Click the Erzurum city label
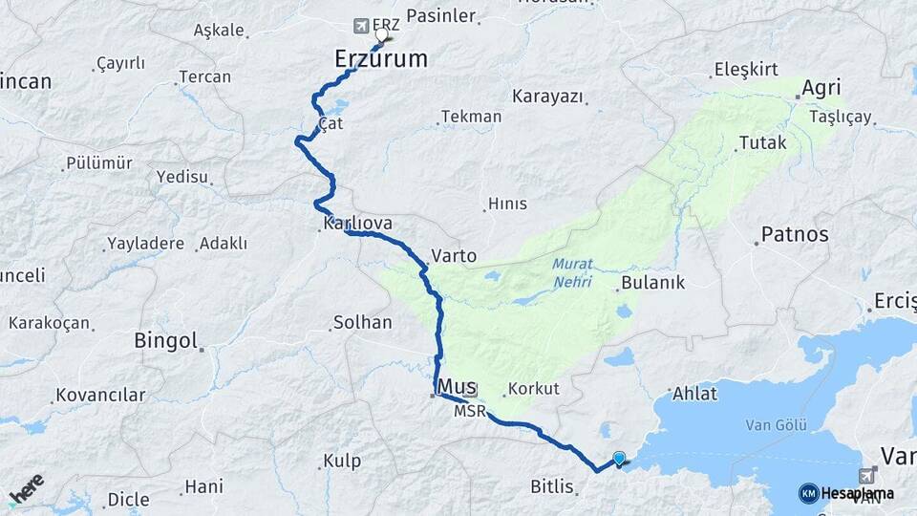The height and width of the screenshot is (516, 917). point(380,59)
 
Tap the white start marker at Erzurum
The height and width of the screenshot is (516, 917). point(382,36)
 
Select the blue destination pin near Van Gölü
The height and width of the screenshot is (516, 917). point(619,459)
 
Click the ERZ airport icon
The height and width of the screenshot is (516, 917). point(361,25)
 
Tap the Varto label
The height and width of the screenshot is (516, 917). point(454,256)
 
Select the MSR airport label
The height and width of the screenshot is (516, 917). point(469,412)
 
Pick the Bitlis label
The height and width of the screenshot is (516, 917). point(553,487)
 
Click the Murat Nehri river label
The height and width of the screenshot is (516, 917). point(571,273)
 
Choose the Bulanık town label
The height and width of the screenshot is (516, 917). point(652,283)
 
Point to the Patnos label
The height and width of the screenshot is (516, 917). point(794,234)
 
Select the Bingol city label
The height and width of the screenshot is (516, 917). point(165,340)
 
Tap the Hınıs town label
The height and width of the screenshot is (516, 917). point(506,204)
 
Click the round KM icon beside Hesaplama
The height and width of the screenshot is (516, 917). point(808,493)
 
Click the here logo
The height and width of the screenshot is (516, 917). point(27,488)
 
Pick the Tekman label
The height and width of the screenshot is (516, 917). point(471,117)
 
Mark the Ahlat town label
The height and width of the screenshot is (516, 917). point(694,394)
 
